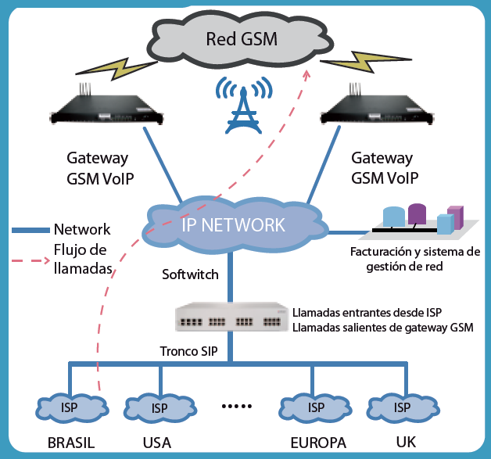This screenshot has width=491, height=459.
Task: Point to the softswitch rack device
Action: pos(228,318)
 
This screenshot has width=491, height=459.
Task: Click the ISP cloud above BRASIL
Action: pos(70,407)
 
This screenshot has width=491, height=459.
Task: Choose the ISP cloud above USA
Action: pos(159,407)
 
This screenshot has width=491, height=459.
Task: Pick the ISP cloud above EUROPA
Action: pos(316,407)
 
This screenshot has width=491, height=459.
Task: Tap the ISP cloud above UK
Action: pos(403,407)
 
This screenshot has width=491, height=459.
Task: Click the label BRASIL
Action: pos(71,443)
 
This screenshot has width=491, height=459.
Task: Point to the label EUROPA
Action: pos(318,443)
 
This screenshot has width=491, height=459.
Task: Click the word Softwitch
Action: pos(190,274)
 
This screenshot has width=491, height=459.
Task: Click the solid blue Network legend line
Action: pos(31,230)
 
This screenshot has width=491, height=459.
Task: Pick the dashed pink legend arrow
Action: pos(30,260)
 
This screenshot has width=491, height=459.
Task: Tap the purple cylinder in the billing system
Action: pos(417,213)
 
